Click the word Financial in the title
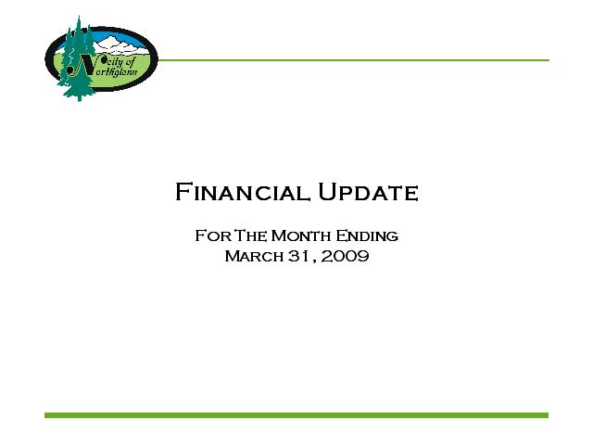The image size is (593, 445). pyautogui.click(x=243, y=192)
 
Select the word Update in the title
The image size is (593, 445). pyautogui.click(x=368, y=192)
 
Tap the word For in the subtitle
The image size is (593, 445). pyautogui.click(x=213, y=235)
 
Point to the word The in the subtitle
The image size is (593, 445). pyautogui.click(x=250, y=235)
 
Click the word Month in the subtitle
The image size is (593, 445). pyautogui.click(x=301, y=235)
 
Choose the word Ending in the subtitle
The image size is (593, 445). pyautogui.click(x=367, y=236)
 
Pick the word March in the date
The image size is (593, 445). pyautogui.click(x=254, y=256)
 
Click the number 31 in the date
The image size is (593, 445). pyautogui.click(x=298, y=256)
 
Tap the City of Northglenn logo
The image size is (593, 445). pyautogui.click(x=101, y=58)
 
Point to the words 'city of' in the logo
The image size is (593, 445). pyautogui.click(x=119, y=62)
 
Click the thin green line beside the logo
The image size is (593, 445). pyautogui.click(x=354, y=60)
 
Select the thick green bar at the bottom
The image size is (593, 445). pyautogui.click(x=296, y=415)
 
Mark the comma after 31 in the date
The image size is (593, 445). pyautogui.click(x=314, y=260)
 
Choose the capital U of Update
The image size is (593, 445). pyautogui.click(x=327, y=192)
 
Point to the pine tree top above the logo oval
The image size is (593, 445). pyautogui.click(x=79, y=22)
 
